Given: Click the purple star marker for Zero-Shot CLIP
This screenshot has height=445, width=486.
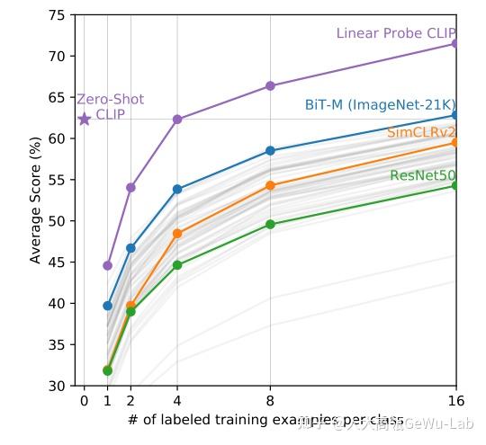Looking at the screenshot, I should [85, 119].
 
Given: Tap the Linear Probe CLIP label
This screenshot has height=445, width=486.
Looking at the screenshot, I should [396, 33].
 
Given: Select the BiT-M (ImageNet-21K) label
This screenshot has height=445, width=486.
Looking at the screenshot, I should [380, 105].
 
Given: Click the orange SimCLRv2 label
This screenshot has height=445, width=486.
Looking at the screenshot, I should [421, 133].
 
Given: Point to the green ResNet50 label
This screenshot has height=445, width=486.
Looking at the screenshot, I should [423, 175].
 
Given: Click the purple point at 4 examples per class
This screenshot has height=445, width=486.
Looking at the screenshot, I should [177, 119].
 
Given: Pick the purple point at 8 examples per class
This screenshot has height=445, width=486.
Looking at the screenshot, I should [270, 85].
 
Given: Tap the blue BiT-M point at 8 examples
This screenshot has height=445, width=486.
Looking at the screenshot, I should [270, 151].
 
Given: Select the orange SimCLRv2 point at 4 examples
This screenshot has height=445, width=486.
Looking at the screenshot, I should [177, 234].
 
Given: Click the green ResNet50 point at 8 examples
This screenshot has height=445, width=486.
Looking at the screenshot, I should [270, 225].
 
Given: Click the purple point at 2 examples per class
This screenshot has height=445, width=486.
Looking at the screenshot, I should [130, 187].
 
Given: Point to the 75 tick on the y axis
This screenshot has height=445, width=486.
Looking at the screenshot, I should [56, 15].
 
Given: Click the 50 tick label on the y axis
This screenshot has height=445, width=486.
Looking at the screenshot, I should [56, 221].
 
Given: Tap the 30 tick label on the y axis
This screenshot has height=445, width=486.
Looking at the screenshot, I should [56, 386].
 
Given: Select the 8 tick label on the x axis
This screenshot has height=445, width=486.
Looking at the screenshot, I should [270, 401].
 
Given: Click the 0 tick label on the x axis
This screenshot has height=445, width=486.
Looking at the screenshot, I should [85, 401].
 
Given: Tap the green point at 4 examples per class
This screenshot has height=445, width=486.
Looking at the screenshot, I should [177, 265].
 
